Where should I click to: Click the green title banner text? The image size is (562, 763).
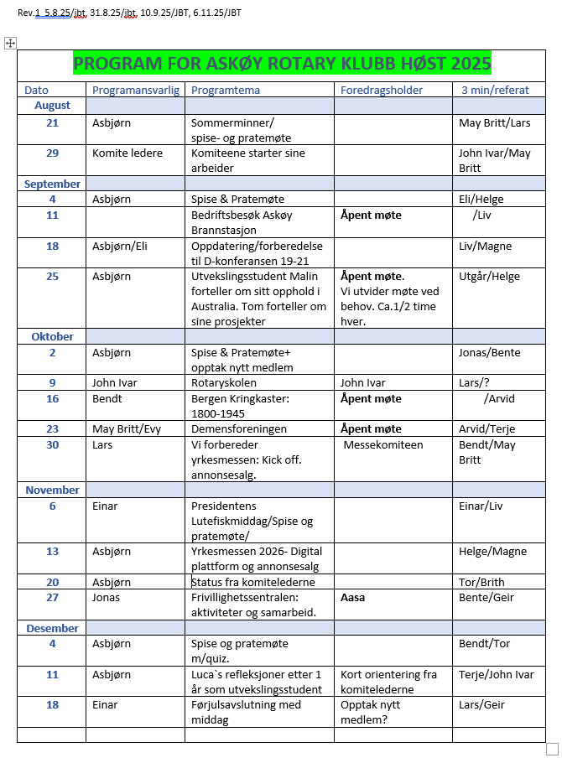tap(282, 64)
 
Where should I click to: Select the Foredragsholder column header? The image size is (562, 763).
tap(382, 90)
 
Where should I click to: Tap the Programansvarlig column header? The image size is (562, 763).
tap(135, 90)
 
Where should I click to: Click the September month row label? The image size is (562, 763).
tap(52, 184)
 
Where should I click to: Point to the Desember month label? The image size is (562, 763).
tap(52, 628)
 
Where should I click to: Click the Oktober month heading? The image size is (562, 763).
tap(52, 336)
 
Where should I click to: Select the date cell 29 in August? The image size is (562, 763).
tap(52, 153)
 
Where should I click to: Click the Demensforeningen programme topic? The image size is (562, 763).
tap(239, 428)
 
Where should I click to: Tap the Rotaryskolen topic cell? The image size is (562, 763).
tap(222, 382)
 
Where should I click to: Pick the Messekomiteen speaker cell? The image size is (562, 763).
tap(383, 444)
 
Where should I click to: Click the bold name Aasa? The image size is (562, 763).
tap(352, 598)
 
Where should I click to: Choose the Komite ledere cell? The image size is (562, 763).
tap(127, 153)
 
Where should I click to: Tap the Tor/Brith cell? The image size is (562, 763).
tap(481, 582)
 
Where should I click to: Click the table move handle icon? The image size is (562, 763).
tap(11, 43)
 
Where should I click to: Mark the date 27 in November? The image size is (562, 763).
tap(52, 598)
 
